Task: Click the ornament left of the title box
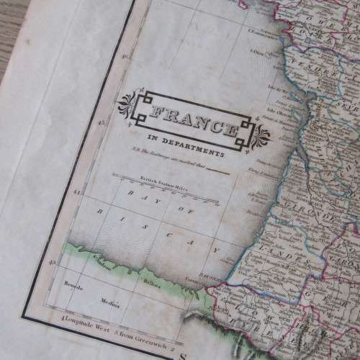(129, 102)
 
